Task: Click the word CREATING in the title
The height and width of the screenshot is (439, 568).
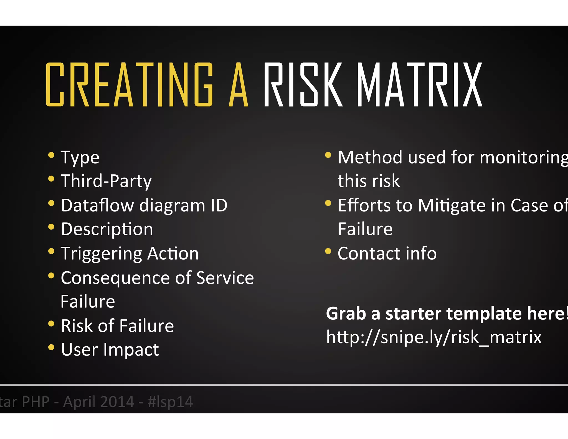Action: click(x=129, y=85)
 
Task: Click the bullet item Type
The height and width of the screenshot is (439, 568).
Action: click(x=80, y=158)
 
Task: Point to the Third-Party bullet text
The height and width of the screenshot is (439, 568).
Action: click(x=106, y=181)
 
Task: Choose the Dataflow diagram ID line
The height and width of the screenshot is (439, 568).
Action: click(x=144, y=205)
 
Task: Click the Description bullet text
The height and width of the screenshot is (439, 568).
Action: click(x=107, y=229)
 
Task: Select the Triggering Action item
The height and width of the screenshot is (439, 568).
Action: click(x=130, y=254)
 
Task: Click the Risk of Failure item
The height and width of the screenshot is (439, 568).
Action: click(x=117, y=326)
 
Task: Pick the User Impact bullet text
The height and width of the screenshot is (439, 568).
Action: click(x=110, y=350)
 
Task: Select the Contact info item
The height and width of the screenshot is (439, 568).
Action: click(x=387, y=254)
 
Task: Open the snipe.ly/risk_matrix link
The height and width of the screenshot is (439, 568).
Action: click(x=433, y=337)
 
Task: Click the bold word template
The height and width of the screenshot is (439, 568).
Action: click(x=484, y=314)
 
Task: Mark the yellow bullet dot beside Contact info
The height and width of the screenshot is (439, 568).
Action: click(x=328, y=251)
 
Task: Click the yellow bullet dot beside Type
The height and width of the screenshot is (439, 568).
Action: click(x=51, y=155)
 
